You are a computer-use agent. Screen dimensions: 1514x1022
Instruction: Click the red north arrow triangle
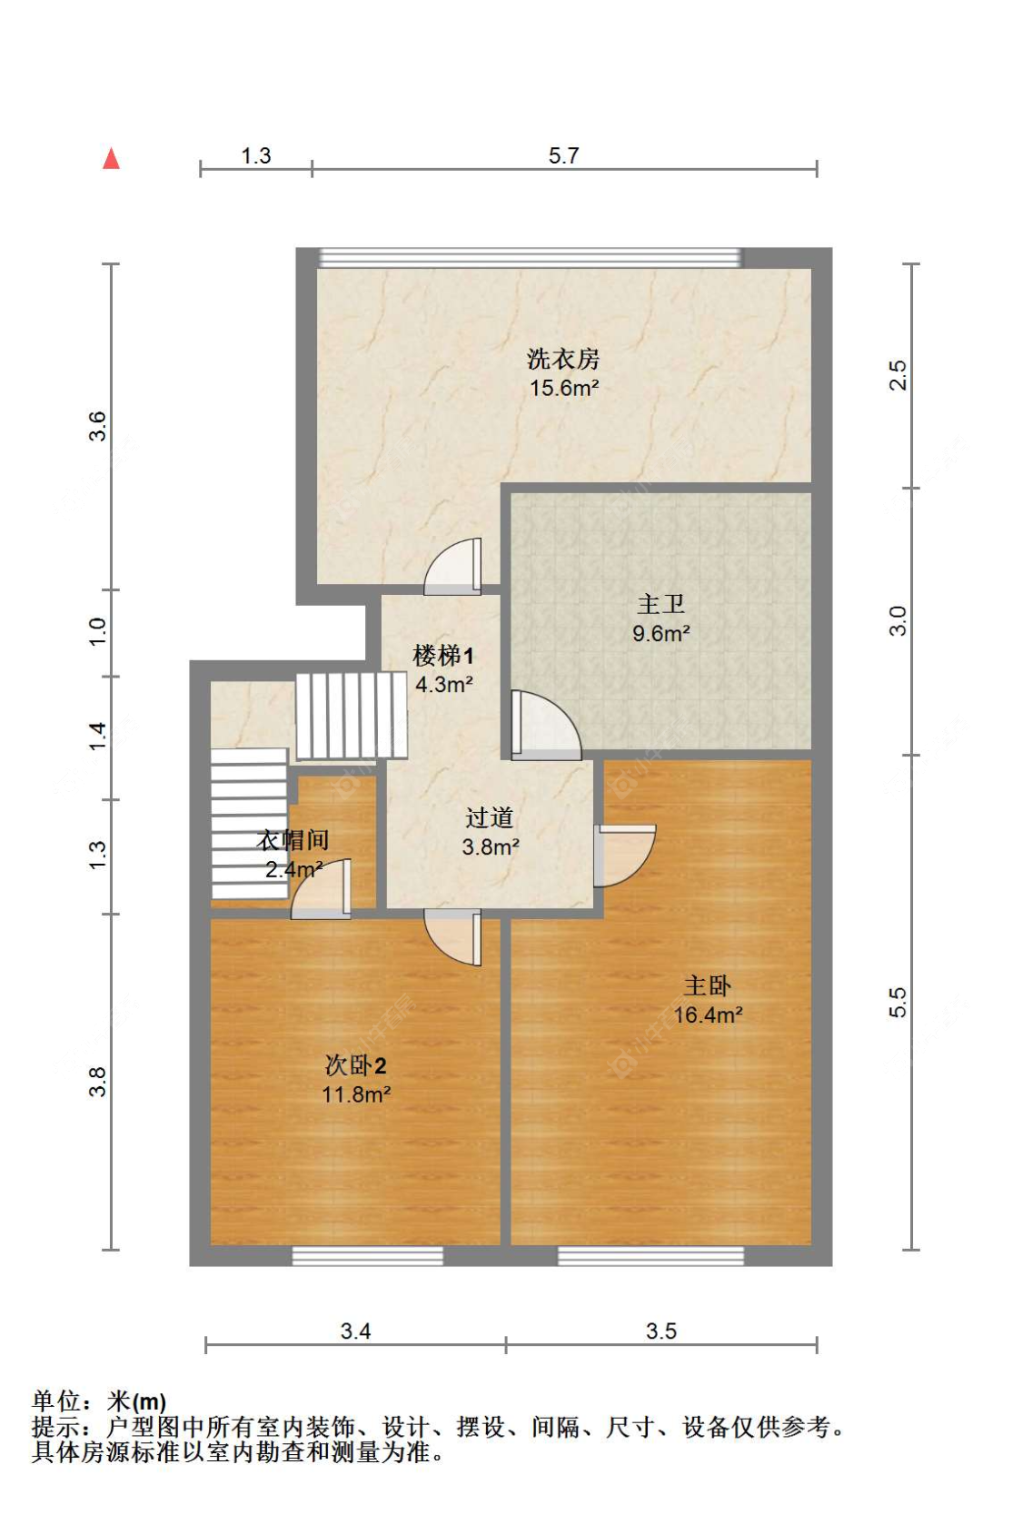click(x=111, y=159)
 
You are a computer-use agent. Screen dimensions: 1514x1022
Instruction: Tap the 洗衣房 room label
click(x=563, y=359)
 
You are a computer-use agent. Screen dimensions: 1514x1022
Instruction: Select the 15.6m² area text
click(x=564, y=389)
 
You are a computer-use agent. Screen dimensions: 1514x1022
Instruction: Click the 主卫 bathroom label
click(x=660, y=604)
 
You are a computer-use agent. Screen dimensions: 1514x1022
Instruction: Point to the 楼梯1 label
click(x=443, y=656)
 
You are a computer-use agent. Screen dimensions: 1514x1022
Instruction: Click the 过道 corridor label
click(x=490, y=817)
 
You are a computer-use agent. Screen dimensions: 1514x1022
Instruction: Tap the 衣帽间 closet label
click(x=293, y=840)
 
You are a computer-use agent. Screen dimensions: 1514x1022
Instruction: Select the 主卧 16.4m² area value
click(x=708, y=1015)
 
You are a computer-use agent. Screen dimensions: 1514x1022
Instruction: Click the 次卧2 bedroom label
click(x=356, y=1065)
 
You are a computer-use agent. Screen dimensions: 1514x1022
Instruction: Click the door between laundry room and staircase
click(x=454, y=568)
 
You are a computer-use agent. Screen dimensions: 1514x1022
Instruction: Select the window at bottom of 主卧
click(x=650, y=1255)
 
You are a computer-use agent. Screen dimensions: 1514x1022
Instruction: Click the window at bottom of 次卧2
click(x=367, y=1255)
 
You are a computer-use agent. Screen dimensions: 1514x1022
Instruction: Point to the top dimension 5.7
click(x=563, y=155)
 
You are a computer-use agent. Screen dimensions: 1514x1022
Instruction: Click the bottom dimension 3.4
click(x=355, y=1331)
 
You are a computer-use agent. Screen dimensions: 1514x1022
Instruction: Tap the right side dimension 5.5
click(x=897, y=1002)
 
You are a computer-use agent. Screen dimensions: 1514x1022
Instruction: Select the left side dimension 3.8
click(x=97, y=1082)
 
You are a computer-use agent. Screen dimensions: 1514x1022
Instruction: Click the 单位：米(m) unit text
click(x=99, y=1401)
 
